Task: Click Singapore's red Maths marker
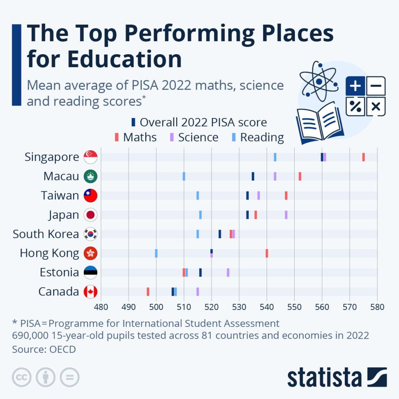tap(364, 157)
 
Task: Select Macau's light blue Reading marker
tap(184, 176)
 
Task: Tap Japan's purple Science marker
tap(286, 215)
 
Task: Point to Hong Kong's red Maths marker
tap(267, 253)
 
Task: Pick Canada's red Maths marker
tap(148, 292)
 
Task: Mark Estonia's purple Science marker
tap(228, 272)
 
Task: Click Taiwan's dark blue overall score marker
tap(247, 196)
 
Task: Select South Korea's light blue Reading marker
tap(198, 234)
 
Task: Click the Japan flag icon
tap(91, 215)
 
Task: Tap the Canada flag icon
tap(91, 292)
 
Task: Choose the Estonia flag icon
tap(91, 272)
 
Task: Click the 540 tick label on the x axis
tap(267, 306)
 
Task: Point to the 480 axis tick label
tap(101, 306)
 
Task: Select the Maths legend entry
tap(136, 137)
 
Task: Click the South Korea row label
tap(46, 234)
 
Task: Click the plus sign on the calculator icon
tap(355, 86)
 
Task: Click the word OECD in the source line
tap(62, 349)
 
